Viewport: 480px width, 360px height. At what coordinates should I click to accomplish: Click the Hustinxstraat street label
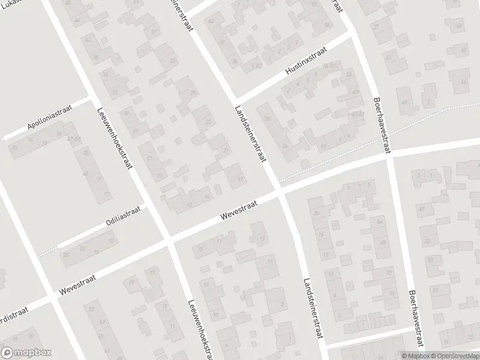(x=306, y=65)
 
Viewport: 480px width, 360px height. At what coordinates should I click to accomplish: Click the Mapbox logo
(x=26, y=352)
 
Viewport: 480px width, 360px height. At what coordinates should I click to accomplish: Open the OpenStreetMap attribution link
(x=453, y=355)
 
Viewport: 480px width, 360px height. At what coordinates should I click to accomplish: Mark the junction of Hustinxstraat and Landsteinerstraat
(x=234, y=101)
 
